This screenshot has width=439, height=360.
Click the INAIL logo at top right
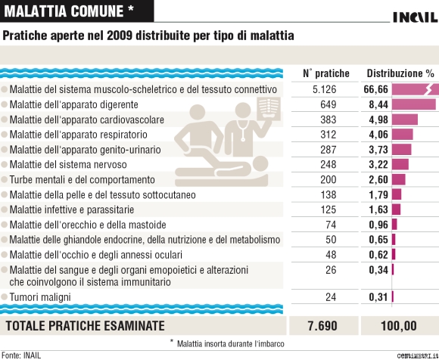pos(416,17)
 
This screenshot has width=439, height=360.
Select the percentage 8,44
pos(378,104)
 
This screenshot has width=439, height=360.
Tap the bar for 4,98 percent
pos(405,119)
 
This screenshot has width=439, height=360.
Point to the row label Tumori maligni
pos(40,297)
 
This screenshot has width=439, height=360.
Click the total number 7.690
pos(322,326)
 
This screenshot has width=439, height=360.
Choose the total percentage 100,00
pos(399,326)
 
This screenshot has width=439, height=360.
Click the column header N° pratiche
pos(326,73)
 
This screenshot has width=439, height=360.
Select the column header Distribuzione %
pos(400,73)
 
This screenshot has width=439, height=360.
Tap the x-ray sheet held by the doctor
pos(269,109)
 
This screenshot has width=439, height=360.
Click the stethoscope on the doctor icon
pos(241,130)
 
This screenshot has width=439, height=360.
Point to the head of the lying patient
pos(260,164)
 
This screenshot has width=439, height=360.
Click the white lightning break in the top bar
pos(429,89)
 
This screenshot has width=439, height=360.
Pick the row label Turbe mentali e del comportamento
pos(82,179)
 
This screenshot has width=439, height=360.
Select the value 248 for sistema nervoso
pos(328,164)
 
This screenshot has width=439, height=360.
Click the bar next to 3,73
pos(401,150)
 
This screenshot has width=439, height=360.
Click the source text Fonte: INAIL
pos(21,355)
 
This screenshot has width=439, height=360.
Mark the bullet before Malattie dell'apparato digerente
pos(5,104)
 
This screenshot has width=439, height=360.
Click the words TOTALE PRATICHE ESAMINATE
pos(85,326)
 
